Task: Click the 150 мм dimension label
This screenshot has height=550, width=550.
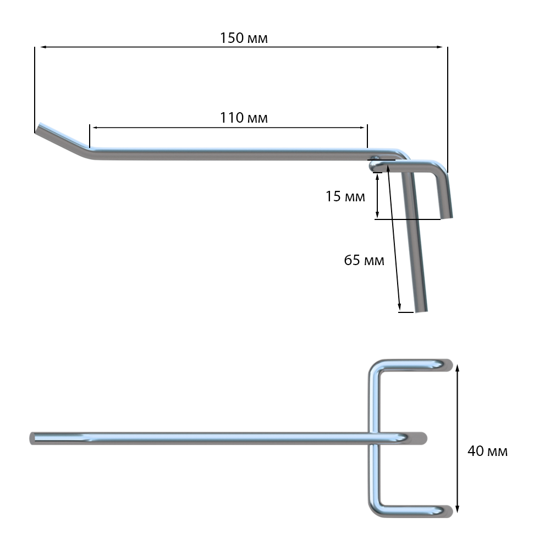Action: click(x=244, y=38)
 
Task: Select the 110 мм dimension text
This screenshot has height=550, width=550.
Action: click(x=244, y=118)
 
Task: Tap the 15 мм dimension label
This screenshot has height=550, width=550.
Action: click(x=345, y=196)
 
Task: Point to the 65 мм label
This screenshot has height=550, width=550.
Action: click(x=364, y=260)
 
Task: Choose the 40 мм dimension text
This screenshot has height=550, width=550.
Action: click(x=487, y=451)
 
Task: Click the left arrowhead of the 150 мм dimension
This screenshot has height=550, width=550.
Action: click(x=43, y=47)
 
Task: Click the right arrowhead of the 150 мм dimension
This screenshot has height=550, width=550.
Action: click(x=439, y=47)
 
